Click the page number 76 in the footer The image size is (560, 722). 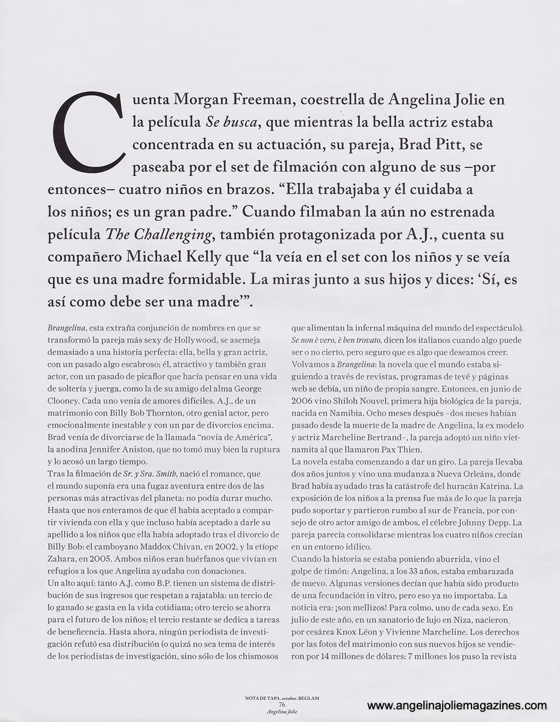(282, 705)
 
